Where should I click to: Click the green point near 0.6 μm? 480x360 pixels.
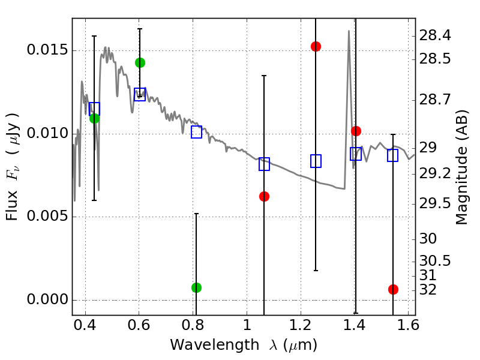[140, 62]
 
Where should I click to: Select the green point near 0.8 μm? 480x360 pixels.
[196, 287]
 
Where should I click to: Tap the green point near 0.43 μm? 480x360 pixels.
[94, 118]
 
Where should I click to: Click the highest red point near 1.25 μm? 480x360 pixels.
[316, 46]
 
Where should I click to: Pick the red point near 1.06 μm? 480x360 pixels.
[264, 196]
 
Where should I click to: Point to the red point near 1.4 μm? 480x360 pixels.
[356, 131]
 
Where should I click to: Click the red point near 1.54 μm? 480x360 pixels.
[393, 289]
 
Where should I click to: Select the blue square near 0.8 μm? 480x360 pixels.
[196, 132]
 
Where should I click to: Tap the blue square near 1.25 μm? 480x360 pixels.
[316, 161]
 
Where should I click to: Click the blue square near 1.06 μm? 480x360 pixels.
[264, 164]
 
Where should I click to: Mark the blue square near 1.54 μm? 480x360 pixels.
[393, 155]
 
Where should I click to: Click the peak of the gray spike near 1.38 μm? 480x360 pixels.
[349, 31]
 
